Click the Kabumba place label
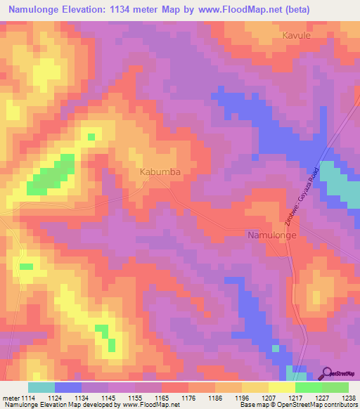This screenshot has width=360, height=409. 160,171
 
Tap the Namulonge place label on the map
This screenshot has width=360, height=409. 276,236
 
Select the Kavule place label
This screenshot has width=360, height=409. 295,34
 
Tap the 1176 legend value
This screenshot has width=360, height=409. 188,397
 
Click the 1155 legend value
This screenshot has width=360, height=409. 135,397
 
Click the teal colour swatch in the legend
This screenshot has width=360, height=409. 41,387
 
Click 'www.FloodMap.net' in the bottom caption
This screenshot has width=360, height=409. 149,405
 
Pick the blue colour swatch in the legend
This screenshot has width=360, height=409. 68,387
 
